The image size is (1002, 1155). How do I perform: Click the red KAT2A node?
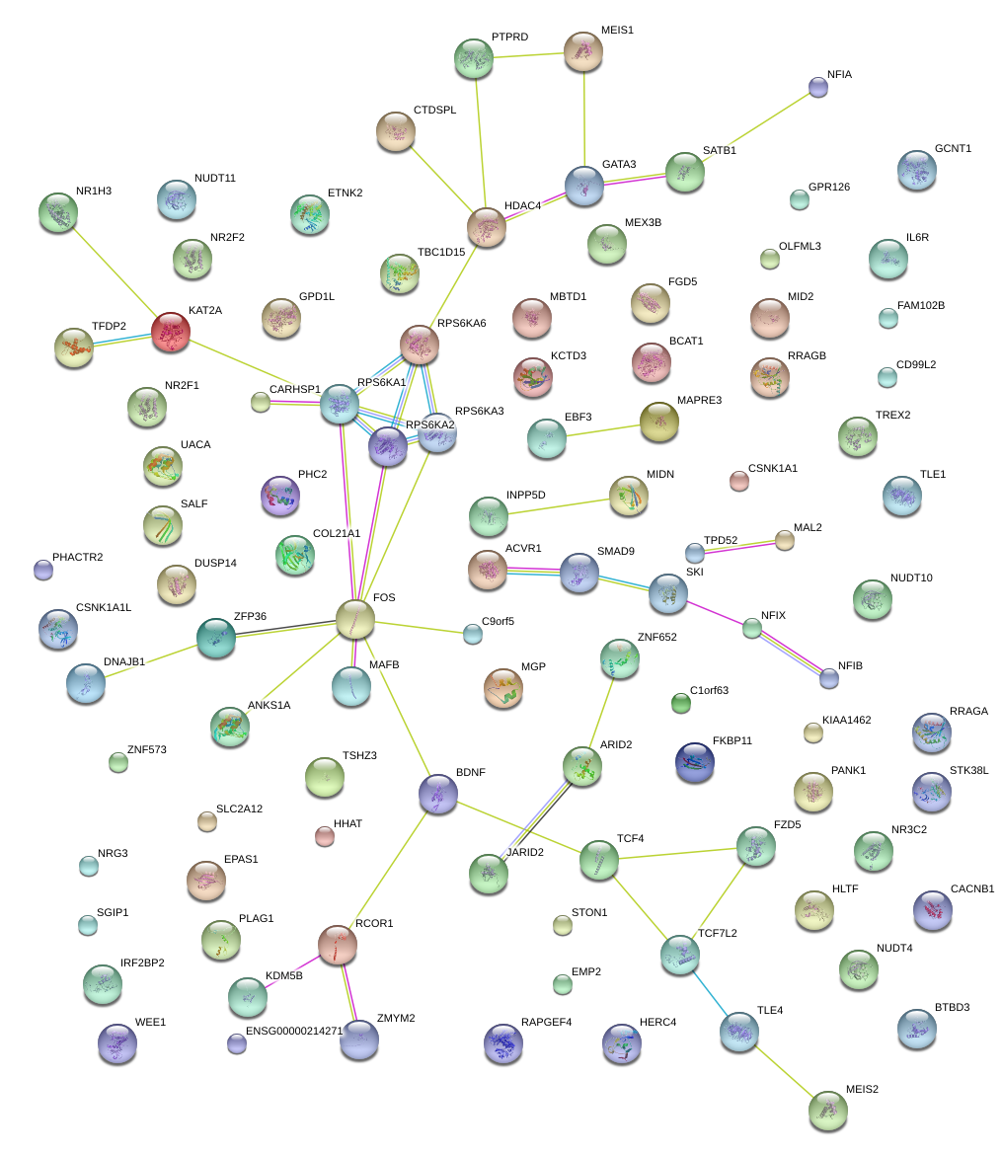[x=171, y=332]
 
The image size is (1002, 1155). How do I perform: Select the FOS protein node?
[x=355, y=619]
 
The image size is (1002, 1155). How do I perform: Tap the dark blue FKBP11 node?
[x=695, y=762]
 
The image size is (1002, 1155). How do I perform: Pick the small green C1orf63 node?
[x=681, y=704]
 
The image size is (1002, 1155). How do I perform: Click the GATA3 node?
[x=584, y=186]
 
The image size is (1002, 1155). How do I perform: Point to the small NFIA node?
[x=817, y=87]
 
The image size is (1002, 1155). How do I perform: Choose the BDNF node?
[x=438, y=794]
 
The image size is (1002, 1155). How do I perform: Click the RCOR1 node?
[x=338, y=945]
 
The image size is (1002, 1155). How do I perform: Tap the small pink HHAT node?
[x=325, y=836]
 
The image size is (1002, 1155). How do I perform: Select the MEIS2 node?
[x=828, y=1111]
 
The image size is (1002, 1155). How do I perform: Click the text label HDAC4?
[x=522, y=205]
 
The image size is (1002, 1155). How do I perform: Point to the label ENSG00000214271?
[x=295, y=1031]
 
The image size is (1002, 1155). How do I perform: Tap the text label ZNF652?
[x=657, y=637]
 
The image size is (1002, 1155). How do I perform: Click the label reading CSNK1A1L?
[x=104, y=608]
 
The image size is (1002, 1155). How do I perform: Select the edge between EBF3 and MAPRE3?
[x=603, y=431]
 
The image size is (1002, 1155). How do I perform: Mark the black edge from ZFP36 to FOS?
[x=286, y=628]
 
